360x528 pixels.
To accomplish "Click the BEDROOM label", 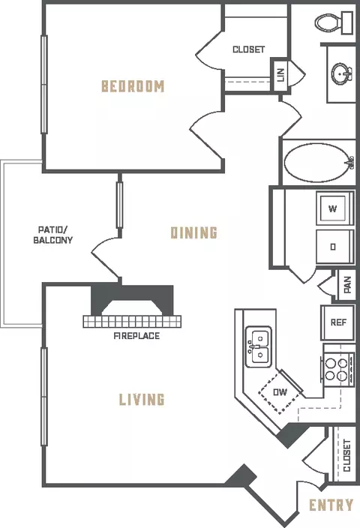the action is [x=133, y=86].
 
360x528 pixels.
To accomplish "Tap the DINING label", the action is [x=194, y=232].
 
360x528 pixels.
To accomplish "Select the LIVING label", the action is [x=142, y=399].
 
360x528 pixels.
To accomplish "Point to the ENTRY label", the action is [x=331, y=505].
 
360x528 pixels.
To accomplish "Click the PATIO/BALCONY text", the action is [x=52, y=235].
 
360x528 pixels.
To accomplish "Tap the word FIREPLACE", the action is [x=136, y=336].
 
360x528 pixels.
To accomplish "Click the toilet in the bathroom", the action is [x=334, y=22].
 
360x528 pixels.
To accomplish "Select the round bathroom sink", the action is [x=342, y=73].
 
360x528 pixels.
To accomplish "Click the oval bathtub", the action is [x=319, y=163].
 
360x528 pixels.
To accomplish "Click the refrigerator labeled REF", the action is [x=337, y=322].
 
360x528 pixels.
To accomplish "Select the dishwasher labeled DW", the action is [x=280, y=392].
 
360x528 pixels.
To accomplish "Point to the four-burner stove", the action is [x=337, y=370].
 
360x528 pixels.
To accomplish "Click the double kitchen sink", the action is [x=259, y=346].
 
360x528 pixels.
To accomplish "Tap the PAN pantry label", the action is [x=348, y=285].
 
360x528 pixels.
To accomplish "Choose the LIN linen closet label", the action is [x=280, y=75].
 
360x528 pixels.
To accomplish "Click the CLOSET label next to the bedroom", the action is [x=248, y=49].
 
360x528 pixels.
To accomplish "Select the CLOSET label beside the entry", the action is [x=346, y=455].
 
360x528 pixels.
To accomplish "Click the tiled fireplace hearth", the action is [x=132, y=322].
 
